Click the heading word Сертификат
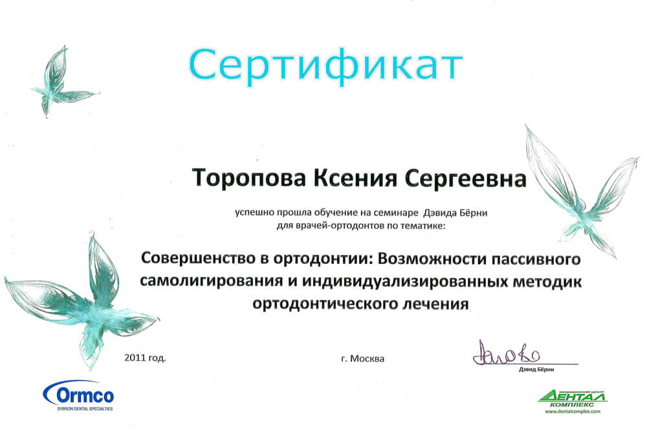pos(325,67)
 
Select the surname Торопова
pos(249,178)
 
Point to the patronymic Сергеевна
pos(465,179)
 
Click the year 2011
pos(135,357)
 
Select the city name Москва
pos(367,359)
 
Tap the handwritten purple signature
pos(506,354)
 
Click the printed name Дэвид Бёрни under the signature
pos(536,370)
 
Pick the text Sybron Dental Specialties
pos(85,409)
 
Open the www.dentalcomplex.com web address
pos(573,411)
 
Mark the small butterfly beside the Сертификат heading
pos(62,82)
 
